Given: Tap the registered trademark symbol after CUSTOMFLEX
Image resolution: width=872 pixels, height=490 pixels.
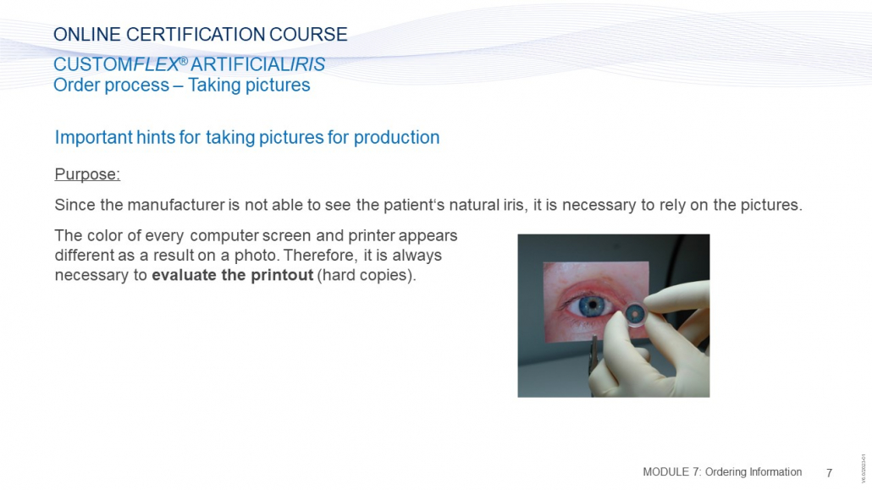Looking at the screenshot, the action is [x=184, y=60].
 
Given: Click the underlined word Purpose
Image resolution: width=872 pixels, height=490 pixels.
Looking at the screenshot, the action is [x=87, y=174].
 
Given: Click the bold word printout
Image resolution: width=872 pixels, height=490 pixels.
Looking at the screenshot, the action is [x=282, y=275].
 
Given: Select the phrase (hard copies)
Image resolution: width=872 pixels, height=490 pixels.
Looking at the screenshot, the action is [x=367, y=275].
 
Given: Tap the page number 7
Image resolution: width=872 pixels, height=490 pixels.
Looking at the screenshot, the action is [x=829, y=473].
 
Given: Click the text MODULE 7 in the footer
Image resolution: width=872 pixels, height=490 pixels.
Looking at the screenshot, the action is [x=672, y=472].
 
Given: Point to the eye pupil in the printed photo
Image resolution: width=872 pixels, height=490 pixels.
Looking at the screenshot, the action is [x=593, y=305].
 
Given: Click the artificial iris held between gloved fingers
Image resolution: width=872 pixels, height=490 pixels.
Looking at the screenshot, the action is [x=634, y=314].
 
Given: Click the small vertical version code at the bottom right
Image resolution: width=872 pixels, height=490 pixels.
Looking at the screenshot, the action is [x=864, y=468].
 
